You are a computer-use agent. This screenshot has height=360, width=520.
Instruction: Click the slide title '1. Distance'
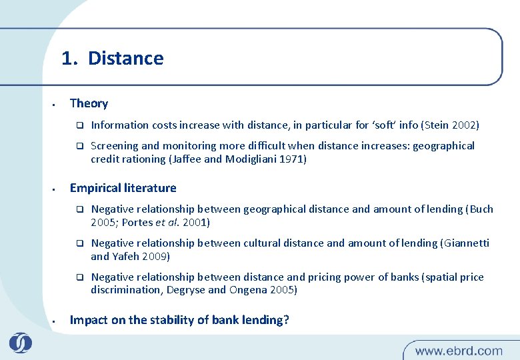112,59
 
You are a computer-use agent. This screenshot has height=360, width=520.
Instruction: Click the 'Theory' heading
89,103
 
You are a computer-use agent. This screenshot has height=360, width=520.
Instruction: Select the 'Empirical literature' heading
123,188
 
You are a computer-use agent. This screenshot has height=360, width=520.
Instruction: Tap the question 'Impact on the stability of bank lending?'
179,320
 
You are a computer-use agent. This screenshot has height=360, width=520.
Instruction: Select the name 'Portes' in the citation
137,223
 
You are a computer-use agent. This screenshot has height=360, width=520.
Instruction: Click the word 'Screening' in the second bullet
114,145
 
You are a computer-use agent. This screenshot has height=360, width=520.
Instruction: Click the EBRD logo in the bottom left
20,343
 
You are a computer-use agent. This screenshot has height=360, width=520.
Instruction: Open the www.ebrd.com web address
459,351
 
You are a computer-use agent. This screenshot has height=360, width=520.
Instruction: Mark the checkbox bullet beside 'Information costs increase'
77,125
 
